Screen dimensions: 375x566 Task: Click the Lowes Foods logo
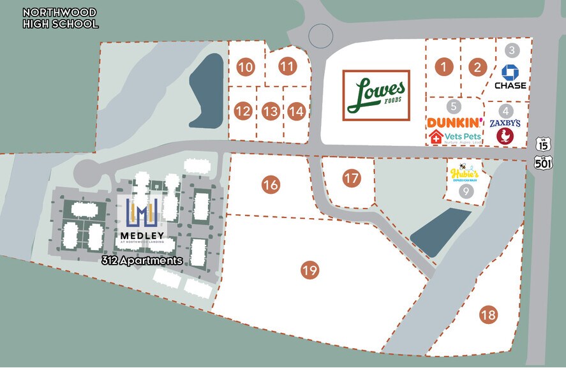376,95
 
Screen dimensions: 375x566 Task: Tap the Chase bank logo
510,77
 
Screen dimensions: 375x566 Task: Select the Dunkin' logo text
455,122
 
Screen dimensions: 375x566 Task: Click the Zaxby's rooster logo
505,136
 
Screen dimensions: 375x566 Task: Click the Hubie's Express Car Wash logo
464,173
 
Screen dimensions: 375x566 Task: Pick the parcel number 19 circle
310,270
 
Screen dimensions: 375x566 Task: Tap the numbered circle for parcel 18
489,314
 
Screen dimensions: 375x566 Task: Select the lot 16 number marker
271,185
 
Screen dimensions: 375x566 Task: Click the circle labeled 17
352,178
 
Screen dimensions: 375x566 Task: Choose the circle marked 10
246,66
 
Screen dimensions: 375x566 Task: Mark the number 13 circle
271,112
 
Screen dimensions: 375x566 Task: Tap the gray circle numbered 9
466,191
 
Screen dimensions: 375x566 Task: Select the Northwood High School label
60,18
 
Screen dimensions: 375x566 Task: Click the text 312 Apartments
142,261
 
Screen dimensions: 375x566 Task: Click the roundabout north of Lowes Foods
320,36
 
